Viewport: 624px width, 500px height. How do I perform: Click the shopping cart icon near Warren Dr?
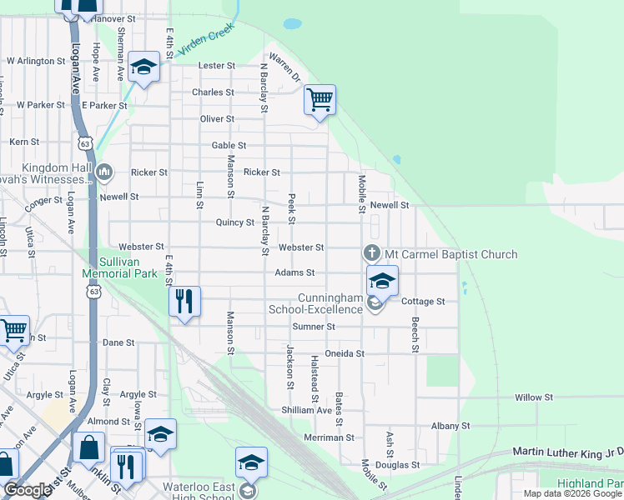320,100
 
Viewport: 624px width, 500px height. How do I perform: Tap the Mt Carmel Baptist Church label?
450,254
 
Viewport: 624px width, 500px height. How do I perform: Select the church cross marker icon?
372,252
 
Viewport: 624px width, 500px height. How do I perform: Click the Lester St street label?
217,66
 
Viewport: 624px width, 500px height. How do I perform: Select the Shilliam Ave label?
307,410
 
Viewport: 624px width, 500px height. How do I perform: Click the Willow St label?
534,398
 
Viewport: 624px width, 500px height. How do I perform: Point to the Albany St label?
450,426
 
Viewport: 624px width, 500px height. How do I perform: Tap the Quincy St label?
234,222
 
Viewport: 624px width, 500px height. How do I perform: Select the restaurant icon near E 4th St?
184,301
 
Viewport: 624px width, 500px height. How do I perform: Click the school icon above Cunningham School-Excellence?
382,280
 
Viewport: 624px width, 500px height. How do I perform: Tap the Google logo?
28,490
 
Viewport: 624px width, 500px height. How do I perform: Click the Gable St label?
229,145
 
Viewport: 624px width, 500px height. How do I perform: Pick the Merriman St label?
329,437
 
